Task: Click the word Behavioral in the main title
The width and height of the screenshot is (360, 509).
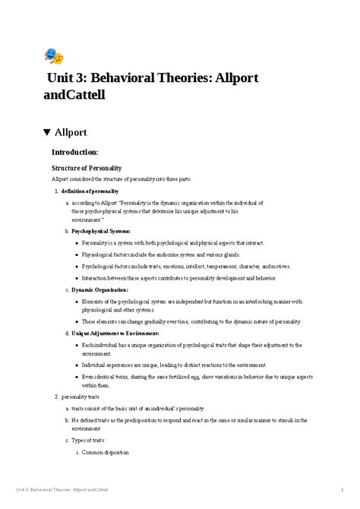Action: click(x=125, y=81)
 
